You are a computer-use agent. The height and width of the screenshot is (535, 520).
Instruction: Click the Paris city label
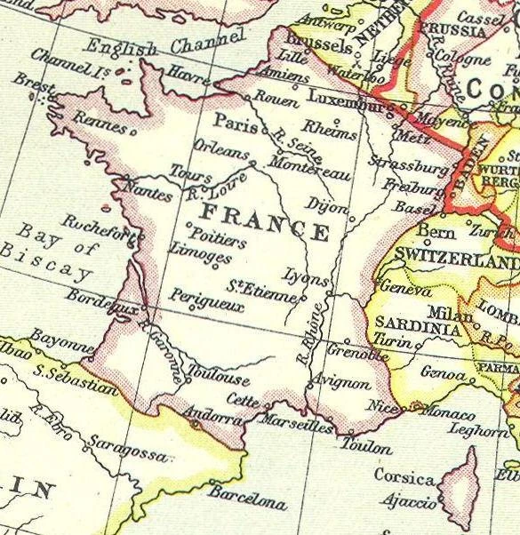[230, 121]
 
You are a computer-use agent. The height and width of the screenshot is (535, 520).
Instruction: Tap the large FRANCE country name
[265, 222]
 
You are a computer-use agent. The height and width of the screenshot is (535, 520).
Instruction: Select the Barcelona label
[250, 494]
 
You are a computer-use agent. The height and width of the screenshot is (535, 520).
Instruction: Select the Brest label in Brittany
[29, 83]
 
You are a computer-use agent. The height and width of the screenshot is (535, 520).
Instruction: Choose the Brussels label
[320, 43]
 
